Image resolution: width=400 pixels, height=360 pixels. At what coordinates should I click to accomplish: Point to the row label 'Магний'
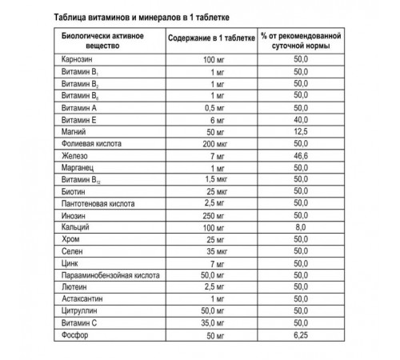(x=74, y=130)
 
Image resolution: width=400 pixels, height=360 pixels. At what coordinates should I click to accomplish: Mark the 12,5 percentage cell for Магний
(x=301, y=130)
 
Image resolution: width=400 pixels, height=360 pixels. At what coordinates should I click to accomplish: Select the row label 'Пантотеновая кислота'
(x=98, y=204)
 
